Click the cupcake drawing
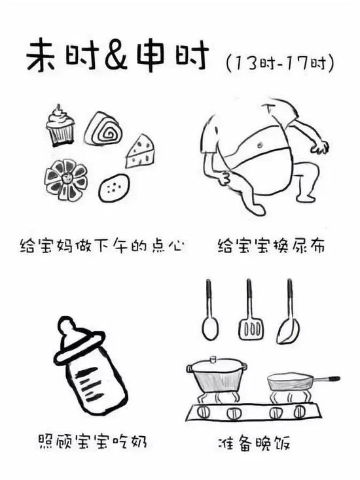[60, 126]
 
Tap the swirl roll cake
[104, 129]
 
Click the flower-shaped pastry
[66, 180]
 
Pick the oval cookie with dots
[114, 187]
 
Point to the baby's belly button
[261, 144]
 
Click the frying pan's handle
[326, 379]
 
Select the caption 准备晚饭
[254, 443]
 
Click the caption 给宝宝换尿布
[271, 246]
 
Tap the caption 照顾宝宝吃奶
[92, 441]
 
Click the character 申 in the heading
[151, 56]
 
